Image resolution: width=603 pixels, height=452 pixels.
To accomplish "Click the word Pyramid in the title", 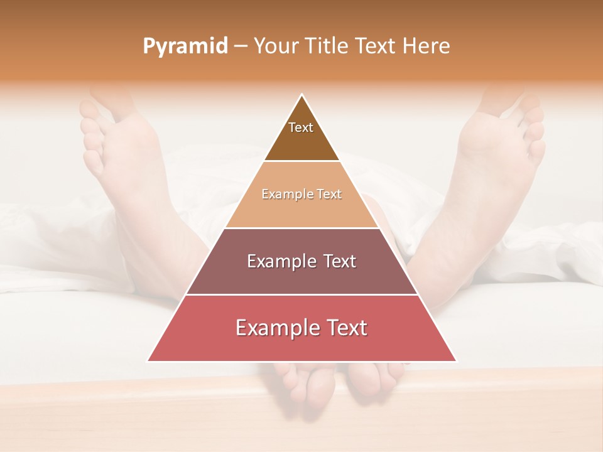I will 185,46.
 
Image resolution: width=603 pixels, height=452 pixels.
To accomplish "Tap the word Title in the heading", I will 325,46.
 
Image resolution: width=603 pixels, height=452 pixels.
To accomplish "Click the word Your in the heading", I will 276,46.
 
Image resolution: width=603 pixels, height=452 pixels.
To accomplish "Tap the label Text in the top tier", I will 301,127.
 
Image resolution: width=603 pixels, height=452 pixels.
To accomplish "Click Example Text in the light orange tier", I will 301,194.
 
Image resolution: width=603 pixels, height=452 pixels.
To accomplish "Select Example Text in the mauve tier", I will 301,261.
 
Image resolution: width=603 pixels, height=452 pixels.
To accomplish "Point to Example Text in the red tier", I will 301,328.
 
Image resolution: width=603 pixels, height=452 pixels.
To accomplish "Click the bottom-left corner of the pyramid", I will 148,361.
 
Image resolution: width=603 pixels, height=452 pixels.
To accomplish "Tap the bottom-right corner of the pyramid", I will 456,361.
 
